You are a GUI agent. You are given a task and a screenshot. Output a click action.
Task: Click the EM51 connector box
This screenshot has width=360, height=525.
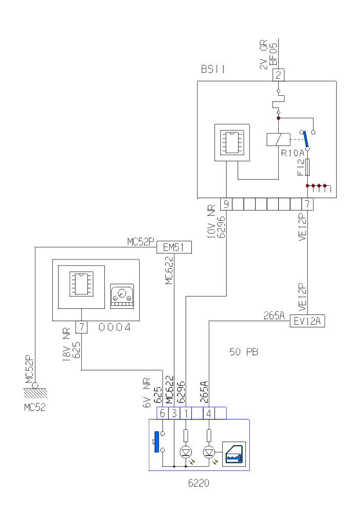tap(174, 248)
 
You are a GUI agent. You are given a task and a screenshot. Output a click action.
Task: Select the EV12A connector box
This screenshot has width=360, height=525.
tap(308, 322)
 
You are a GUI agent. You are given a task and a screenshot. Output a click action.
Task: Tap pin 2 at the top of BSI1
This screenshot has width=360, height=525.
tap(278, 75)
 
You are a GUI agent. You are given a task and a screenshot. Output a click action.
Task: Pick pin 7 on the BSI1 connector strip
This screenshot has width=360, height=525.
tap(307, 204)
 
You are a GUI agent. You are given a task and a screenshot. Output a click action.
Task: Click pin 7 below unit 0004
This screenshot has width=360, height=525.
tap(82, 327)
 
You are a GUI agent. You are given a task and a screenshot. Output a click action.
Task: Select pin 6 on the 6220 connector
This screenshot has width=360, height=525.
tap(162, 413)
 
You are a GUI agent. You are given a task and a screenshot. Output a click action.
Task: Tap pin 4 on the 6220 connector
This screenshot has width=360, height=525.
tap(209, 413)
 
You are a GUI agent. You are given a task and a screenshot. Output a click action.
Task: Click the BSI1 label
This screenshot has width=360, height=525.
tap(213, 69)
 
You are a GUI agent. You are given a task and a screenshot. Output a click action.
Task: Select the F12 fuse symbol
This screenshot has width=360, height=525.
tap(308, 167)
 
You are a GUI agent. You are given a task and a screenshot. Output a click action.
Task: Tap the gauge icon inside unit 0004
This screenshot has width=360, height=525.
tap(122, 296)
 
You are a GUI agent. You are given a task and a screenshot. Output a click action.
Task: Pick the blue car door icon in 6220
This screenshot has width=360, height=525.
tap(234, 454)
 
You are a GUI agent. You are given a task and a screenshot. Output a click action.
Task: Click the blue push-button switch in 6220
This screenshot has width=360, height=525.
tap(155, 444)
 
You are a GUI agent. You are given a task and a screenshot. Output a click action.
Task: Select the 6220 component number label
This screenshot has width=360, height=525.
tap(199, 484)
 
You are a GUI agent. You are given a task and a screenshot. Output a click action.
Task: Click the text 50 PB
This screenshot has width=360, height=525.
tap(244, 353)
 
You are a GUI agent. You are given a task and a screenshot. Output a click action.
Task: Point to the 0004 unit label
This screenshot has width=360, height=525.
tap(114, 327)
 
